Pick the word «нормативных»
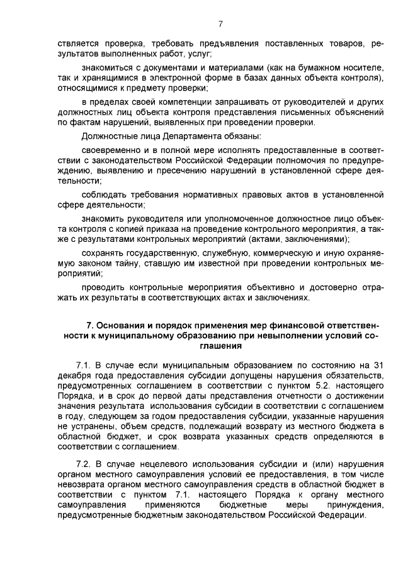pos(227,194)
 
